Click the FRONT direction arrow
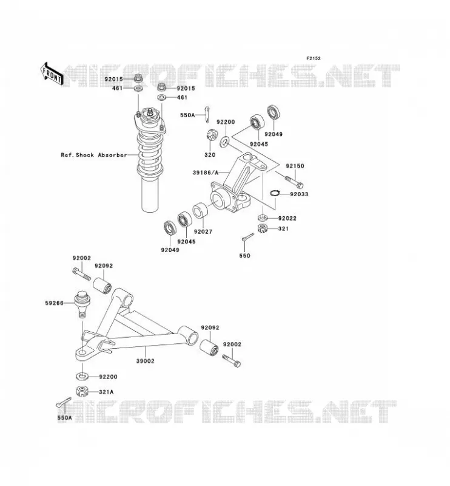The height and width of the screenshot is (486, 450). pyautogui.click(x=52, y=74)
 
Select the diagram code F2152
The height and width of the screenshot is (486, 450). pyautogui.click(x=314, y=58)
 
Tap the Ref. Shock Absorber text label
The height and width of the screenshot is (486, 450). pyautogui.click(x=94, y=155)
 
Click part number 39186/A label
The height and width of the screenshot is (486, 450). pyautogui.click(x=206, y=173)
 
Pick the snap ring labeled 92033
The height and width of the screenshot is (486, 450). pyautogui.click(x=275, y=193)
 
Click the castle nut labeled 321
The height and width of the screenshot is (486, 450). pyautogui.click(x=263, y=228)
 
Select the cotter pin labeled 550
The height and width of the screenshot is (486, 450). pyautogui.click(x=248, y=236)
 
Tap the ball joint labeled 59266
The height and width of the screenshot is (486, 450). pyautogui.click(x=82, y=304)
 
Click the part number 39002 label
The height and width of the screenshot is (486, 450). pyautogui.click(x=145, y=361)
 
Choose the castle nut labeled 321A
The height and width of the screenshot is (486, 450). pyautogui.click(x=82, y=391)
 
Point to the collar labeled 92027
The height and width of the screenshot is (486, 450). pyautogui.click(x=200, y=210)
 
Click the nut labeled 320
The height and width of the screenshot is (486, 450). pyautogui.click(x=210, y=135)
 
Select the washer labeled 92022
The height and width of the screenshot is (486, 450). pyautogui.click(x=263, y=217)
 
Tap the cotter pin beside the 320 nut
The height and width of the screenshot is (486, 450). pyautogui.click(x=207, y=114)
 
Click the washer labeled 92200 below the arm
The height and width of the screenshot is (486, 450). pyautogui.click(x=82, y=377)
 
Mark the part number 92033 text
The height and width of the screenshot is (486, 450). pyautogui.click(x=299, y=194)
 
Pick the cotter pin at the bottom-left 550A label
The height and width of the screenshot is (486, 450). pyautogui.click(x=64, y=403)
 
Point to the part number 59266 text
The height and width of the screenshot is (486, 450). pyautogui.click(x=54, y=303)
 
